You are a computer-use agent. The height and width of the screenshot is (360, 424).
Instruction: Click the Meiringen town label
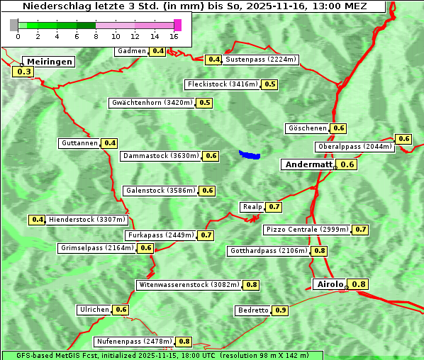click(49, 62)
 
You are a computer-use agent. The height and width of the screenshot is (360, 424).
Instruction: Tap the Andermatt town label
click(308, 164)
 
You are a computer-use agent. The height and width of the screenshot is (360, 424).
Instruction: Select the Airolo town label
click(330, 284)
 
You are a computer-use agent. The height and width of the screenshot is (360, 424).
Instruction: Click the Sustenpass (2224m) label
click(261, 60)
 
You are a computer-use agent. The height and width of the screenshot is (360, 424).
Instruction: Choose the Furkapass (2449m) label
click(160, 235)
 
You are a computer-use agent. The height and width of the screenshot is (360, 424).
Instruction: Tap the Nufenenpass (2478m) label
click(134, 342)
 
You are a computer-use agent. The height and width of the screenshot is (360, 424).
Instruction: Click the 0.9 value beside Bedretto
click(281, 310)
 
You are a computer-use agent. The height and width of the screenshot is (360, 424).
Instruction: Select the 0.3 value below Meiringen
click(24, 72)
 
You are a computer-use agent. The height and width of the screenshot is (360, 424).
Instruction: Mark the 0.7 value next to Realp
click(274, 207)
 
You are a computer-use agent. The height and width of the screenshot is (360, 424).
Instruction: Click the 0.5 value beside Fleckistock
click(269, 84)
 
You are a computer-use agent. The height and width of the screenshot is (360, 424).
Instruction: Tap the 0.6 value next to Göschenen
click(338, 128)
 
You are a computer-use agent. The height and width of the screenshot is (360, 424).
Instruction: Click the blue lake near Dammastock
click(250, 154)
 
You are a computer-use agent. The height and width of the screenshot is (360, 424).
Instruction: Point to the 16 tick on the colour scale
click(174, 36)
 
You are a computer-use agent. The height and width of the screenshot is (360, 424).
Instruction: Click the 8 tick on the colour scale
click(96, 36)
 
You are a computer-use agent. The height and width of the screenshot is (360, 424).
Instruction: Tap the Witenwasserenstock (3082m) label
click(189, 285)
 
